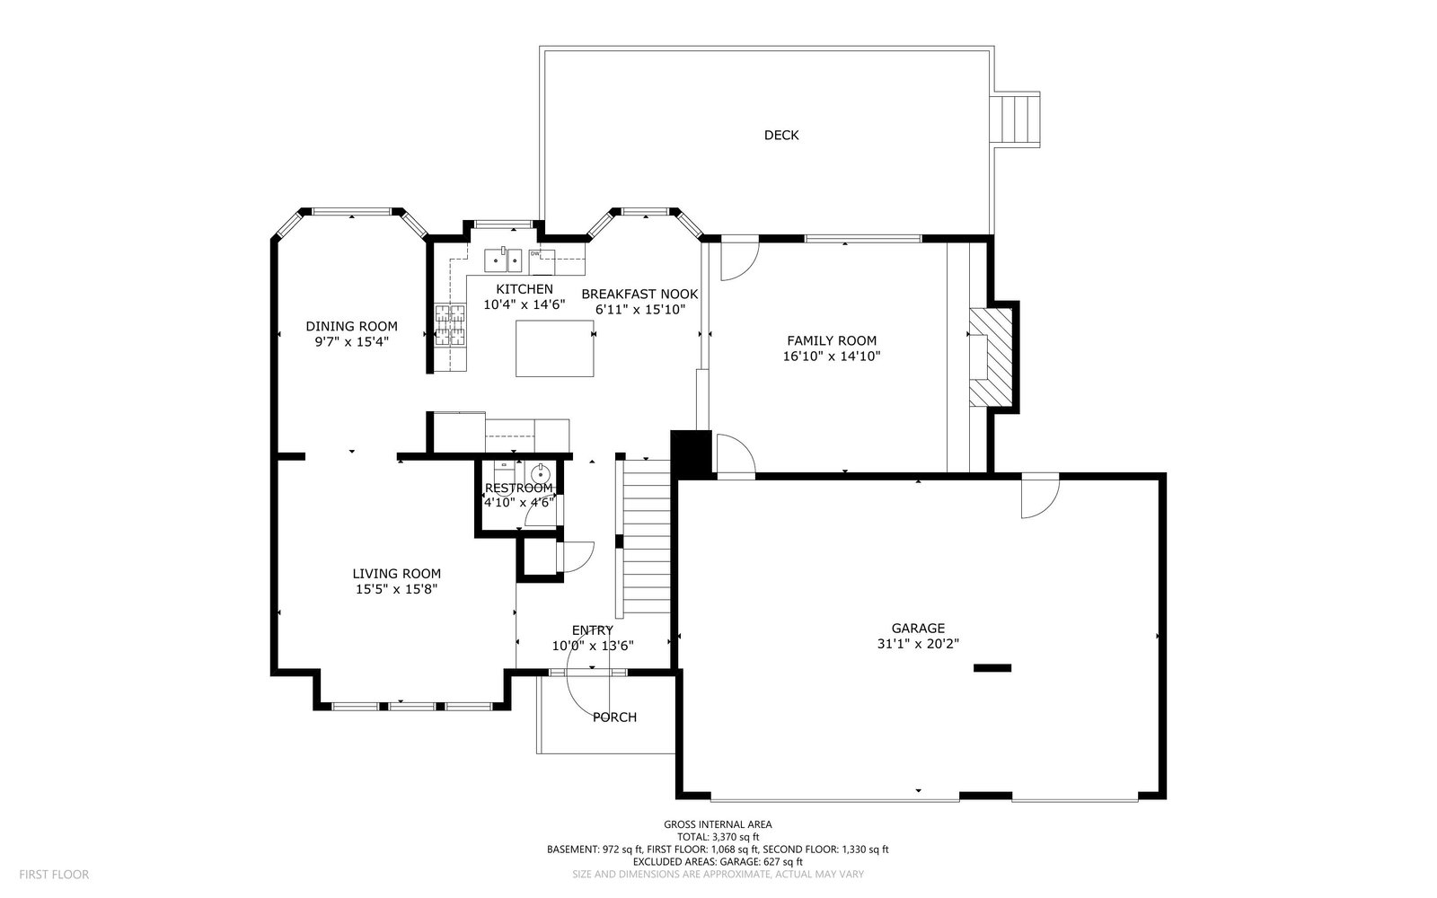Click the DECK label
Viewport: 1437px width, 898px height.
(781, 136)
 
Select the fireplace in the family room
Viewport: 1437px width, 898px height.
(991, 357)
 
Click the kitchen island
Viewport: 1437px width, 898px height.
(555, 348)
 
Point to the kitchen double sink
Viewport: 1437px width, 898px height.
(503, 260)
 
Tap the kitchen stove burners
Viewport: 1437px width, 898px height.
(450, 325)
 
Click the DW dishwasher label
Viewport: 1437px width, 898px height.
(534, 253)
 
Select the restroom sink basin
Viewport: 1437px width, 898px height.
(541, 473)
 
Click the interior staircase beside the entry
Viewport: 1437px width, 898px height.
(647, 536)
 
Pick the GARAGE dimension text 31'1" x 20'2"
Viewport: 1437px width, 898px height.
(918, 644)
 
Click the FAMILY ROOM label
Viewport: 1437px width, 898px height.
(832, 341)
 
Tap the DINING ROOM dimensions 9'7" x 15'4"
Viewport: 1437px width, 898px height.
(351, 342)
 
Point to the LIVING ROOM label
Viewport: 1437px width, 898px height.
(396, 574)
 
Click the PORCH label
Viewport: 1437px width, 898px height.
(614, 718)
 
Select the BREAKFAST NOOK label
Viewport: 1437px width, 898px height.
(639, 295)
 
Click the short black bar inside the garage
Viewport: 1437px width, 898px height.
(992, 668)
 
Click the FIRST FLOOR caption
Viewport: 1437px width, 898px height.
(54, 875)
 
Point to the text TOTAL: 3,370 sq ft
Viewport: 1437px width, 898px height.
(718, 837)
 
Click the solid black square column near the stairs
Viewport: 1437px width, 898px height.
(691, 453)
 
